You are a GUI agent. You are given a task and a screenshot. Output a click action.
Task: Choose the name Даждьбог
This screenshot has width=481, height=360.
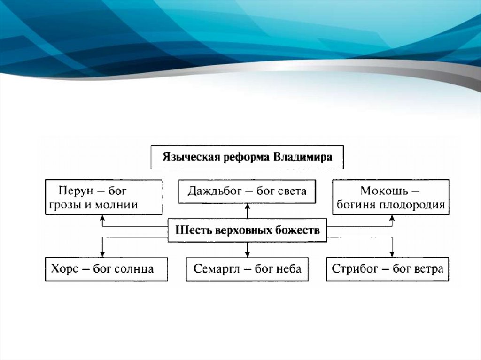click(215, 191)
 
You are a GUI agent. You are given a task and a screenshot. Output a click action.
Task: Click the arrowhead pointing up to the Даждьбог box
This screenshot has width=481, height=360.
click(248, 205)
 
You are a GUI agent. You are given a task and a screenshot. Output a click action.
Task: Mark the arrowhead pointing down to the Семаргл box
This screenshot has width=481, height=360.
click(248, 254)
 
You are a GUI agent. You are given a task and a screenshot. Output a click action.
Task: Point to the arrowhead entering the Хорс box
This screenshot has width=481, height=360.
click(102, 254)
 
